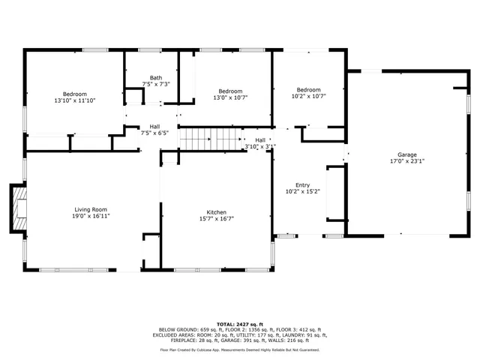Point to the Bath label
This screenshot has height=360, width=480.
(x=155, y=77)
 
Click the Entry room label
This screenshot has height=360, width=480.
(x=302, y=185)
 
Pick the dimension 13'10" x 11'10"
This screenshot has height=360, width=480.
(x=74, y=100)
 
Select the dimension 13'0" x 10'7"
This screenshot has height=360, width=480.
(x=230, y=97)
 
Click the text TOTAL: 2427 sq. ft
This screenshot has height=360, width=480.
(x=239, y=323)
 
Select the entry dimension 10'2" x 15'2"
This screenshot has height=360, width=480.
(x=302, y=192)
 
